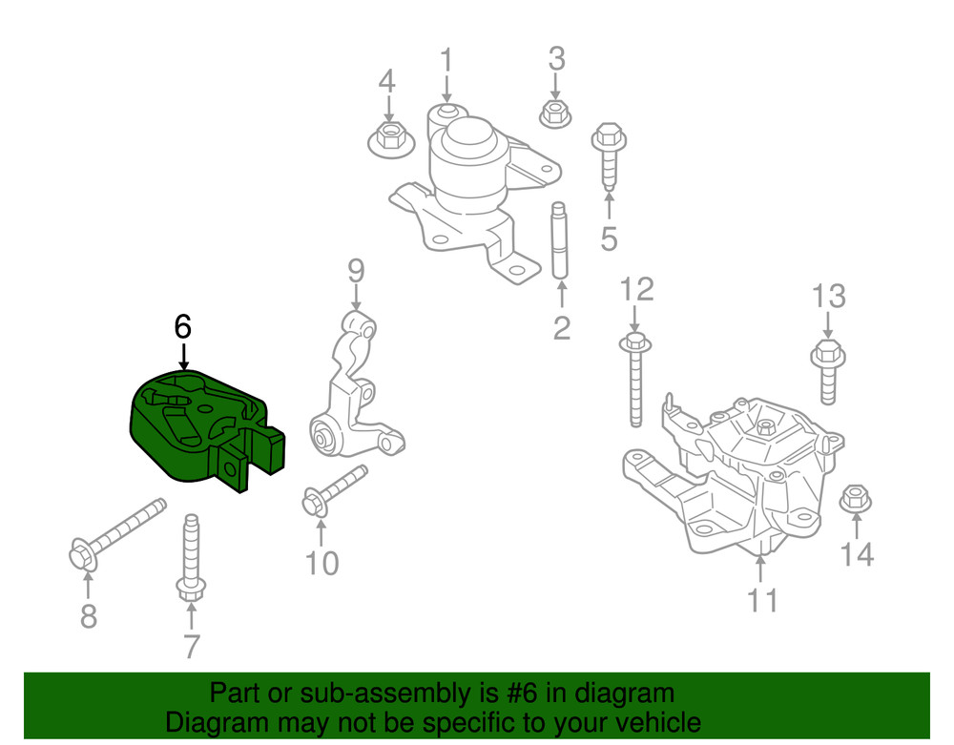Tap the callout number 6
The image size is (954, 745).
click(x=182, y=327)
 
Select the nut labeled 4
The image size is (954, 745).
click(x=391, y=139)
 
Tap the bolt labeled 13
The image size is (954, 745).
click(x=827, y=373)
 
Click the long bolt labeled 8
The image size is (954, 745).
click(x=114, y=533)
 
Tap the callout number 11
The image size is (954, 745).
click(x=762, y=600)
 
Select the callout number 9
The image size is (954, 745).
click(x=356, y=271)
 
